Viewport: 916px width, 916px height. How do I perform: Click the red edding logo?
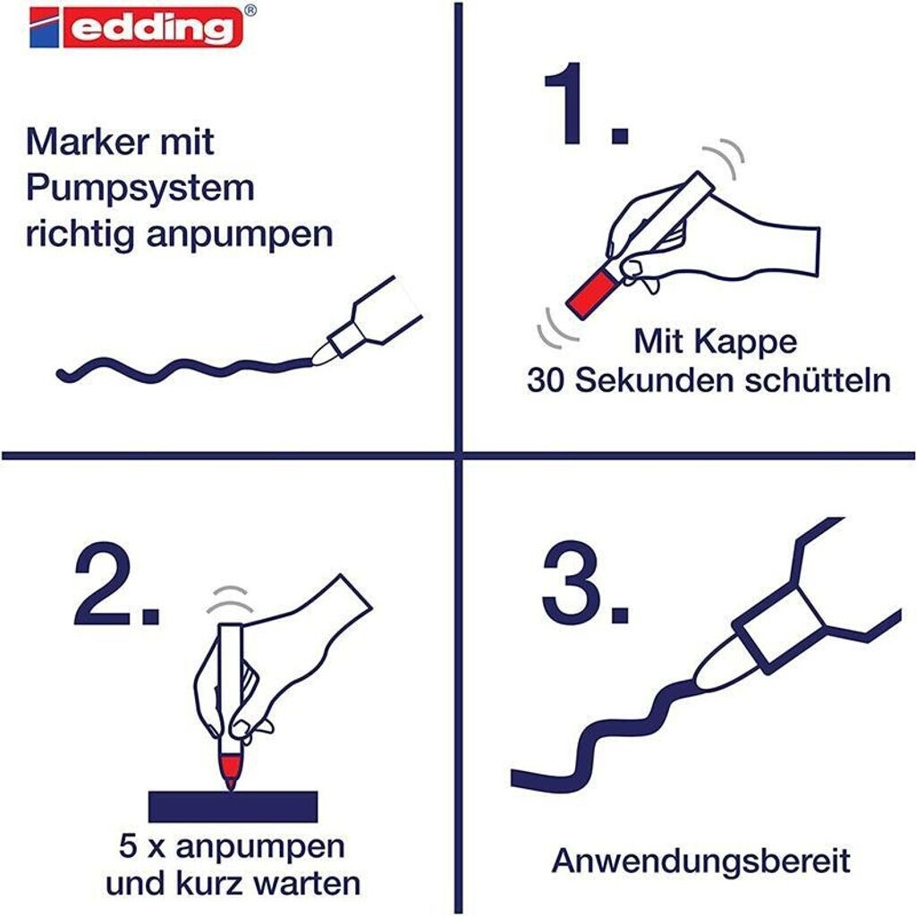coord(136,27)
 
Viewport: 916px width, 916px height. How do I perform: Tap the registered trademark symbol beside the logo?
coord(250,10)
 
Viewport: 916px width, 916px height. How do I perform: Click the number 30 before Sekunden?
coord(545,380)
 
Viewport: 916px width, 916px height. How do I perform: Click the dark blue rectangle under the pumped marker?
coord(233,807)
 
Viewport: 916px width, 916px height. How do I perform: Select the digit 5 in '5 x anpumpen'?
coord(128,846)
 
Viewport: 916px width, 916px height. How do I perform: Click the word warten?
coord(308,884)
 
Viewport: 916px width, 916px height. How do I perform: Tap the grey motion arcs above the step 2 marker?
coord(232,598)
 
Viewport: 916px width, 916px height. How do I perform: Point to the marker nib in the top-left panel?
coord(322,353)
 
